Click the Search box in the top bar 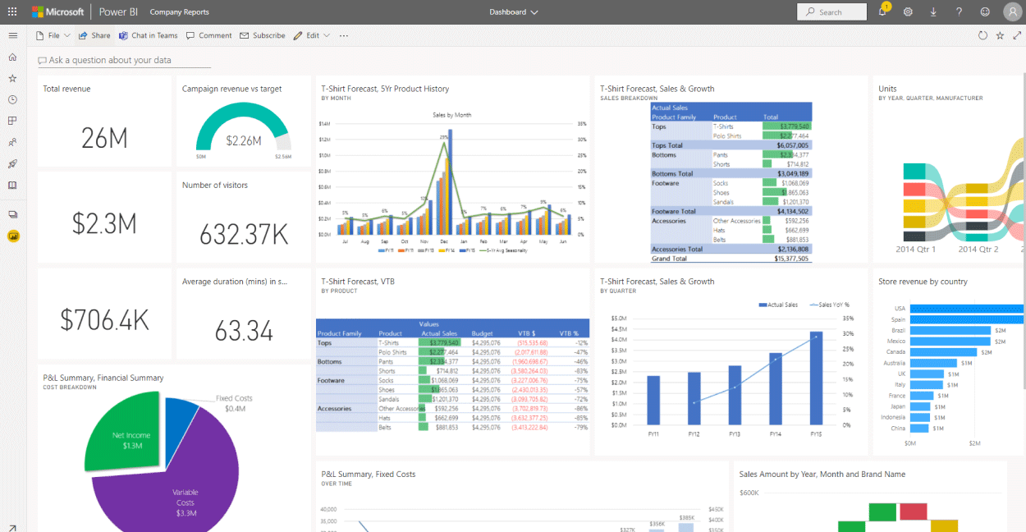pos(831,12)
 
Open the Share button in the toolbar pos(94,35)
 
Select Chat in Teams pos(149,35)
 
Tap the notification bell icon pos(882,12)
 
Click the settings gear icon pos(908,12)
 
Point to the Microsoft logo pos(58,12)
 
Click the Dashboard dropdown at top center pos(514,12)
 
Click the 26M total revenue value pos(104,138)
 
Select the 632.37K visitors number pos(244,235)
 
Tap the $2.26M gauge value pos(243,140)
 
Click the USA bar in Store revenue pos(967,309)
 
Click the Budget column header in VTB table pos(483,333)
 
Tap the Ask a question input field pos(123,60)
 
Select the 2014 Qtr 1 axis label pos(916,249)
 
